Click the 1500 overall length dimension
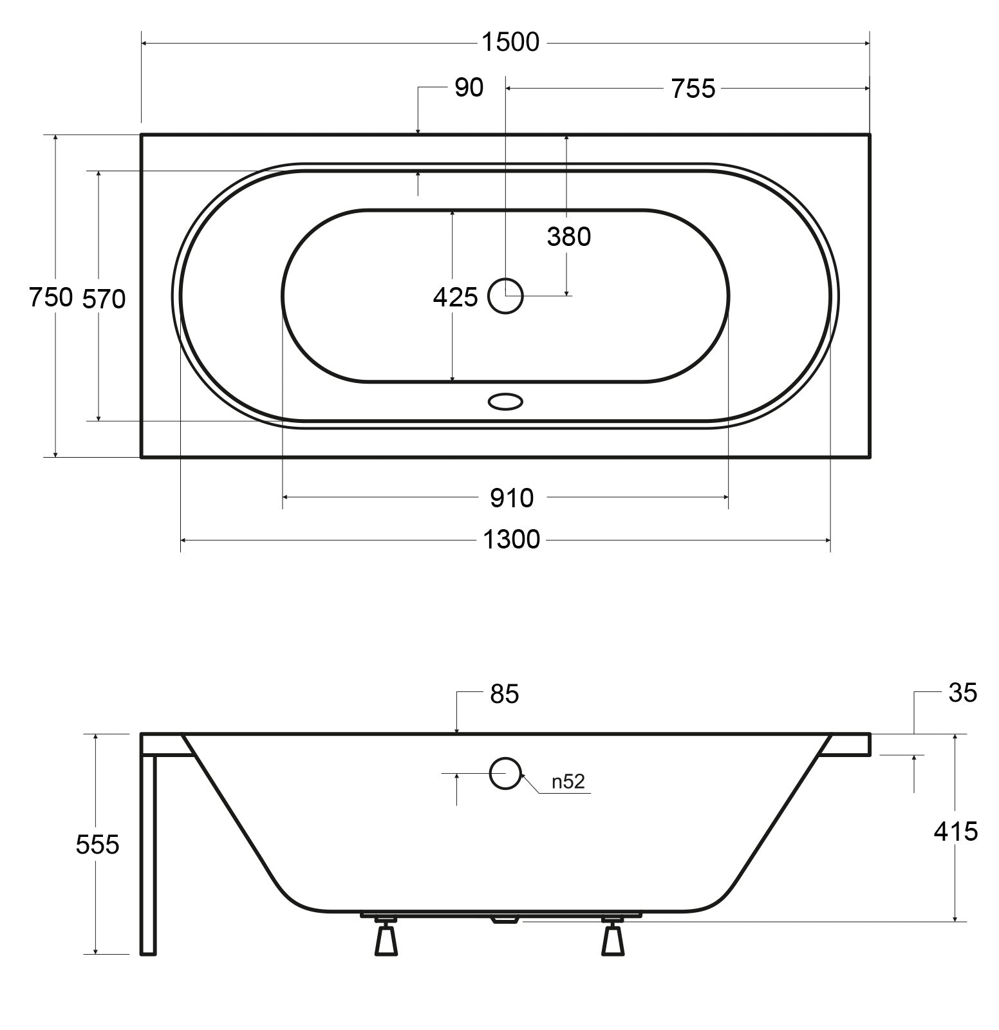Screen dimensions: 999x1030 click(x=510, y=42)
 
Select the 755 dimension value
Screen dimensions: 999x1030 click(x=693, y=89)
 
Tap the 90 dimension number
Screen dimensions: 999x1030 click(x=469, y=88)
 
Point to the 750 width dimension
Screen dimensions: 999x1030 click(x=51, y=297)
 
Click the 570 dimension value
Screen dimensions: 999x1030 click(x=104, y=299)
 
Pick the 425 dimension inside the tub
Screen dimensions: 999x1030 click(x=455, y=297)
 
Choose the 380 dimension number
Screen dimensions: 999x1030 click(x=569, y=237)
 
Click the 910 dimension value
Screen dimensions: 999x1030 click(x=512, y=498)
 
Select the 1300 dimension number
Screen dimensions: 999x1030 click(x=512, y=539)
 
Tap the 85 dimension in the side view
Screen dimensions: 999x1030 click(x=504, y=694)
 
